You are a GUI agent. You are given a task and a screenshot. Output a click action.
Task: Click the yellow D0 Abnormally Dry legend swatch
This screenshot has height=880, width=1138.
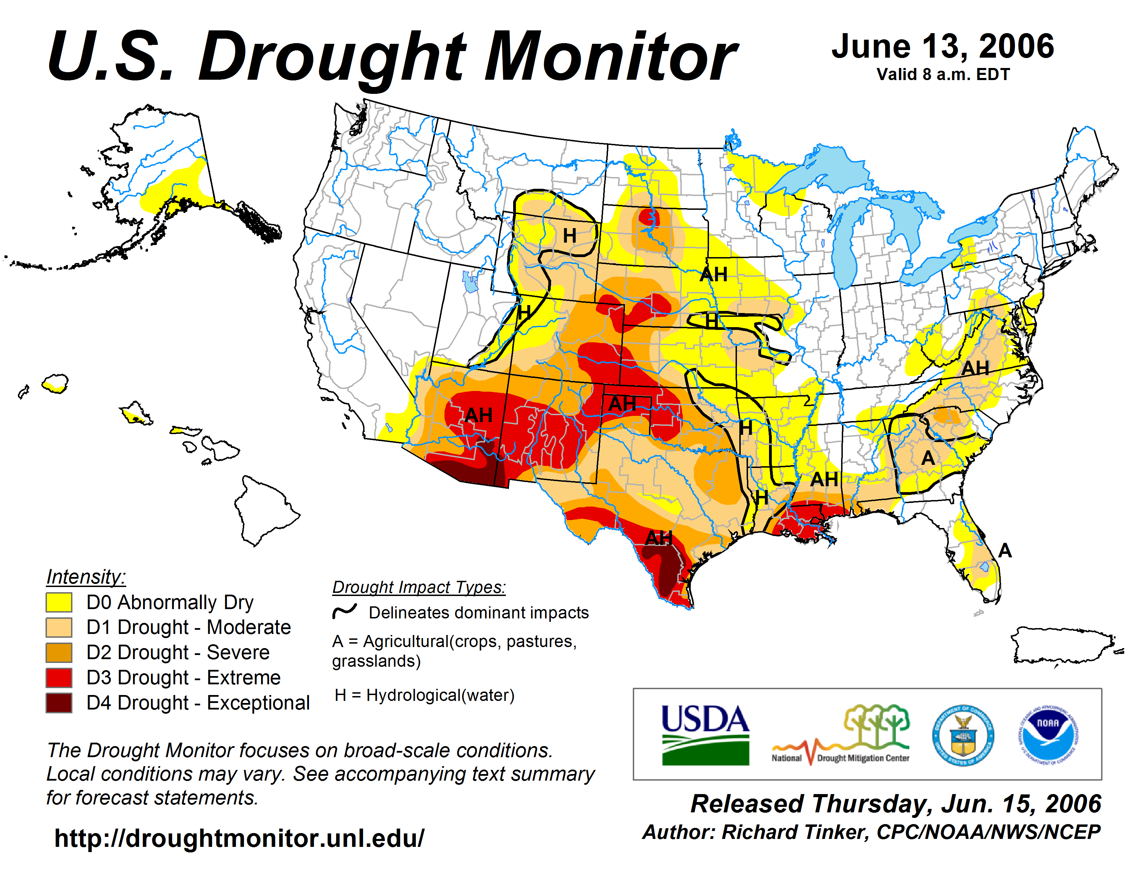59,602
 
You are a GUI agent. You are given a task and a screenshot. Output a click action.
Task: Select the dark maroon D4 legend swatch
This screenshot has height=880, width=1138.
59,703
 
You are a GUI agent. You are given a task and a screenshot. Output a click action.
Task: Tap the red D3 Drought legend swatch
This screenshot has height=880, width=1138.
59,678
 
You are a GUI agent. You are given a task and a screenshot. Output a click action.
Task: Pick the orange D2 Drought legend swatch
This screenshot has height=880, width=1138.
59,652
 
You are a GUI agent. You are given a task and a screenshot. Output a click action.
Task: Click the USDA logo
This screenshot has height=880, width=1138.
705,735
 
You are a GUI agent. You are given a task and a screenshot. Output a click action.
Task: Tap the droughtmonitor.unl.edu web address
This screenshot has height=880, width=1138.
239,838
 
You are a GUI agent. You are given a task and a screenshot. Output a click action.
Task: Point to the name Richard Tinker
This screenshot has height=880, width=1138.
795,832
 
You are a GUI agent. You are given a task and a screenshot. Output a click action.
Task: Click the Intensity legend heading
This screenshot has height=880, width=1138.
86,577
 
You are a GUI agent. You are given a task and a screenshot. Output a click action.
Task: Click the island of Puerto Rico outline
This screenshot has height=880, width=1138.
1063,645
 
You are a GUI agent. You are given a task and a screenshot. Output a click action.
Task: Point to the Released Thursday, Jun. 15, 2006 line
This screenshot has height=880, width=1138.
896,803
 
